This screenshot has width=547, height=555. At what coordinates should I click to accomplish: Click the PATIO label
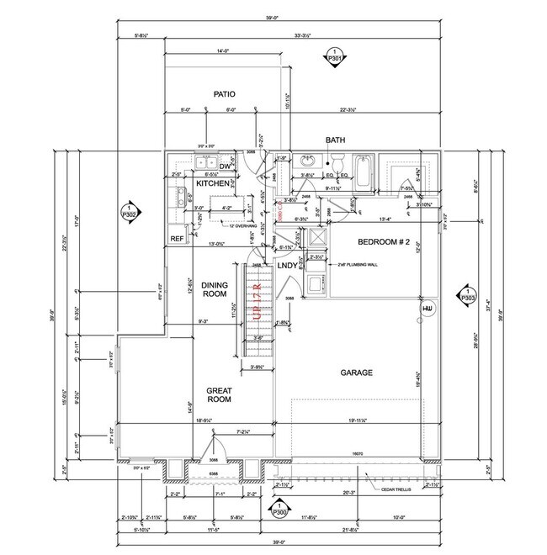223,94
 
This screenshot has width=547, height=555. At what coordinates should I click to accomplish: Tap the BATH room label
336,140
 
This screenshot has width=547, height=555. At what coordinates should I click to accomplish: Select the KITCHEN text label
212,182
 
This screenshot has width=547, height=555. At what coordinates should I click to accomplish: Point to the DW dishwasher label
202,167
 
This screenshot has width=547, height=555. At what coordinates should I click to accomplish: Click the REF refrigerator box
177,239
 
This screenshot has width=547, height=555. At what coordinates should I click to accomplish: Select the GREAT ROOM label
219,394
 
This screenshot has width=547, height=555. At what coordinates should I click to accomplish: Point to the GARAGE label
356,372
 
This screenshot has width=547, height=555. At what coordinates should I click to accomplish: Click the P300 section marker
278,509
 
